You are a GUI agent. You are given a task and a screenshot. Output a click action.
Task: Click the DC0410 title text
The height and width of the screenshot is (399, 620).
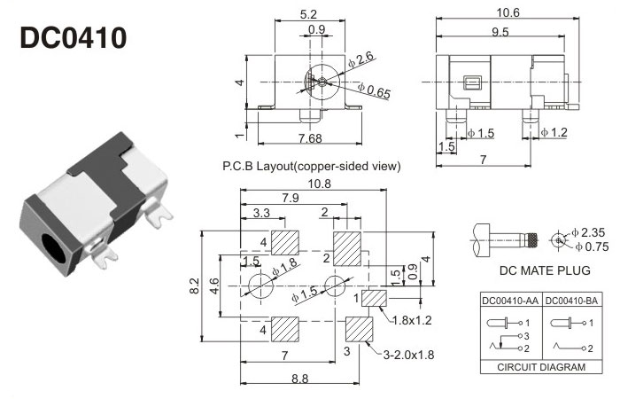click(73, 37)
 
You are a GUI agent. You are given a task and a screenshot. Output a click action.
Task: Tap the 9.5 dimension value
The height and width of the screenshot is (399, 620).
click(500, 33)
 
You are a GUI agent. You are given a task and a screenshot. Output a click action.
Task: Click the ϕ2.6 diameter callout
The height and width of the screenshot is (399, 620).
click(361, 59)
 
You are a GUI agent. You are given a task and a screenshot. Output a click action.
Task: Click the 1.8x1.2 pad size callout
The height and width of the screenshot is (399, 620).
click(414, 318)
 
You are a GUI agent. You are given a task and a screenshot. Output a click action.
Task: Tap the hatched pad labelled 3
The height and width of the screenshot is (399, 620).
click(360, 329)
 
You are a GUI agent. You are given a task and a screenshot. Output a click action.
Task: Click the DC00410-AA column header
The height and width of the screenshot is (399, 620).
click(508, 300)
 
